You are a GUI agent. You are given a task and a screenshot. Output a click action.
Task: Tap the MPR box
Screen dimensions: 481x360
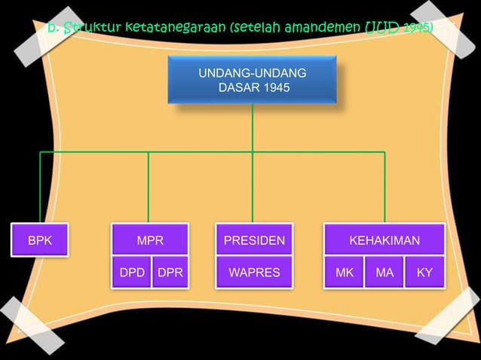pos(150,241)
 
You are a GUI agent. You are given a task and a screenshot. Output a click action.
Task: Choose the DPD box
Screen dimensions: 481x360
pos(131,273)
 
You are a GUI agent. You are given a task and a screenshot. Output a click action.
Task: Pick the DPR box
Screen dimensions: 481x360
pos(170,273)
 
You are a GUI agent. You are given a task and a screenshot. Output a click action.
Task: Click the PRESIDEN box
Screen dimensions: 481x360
pos(254,241)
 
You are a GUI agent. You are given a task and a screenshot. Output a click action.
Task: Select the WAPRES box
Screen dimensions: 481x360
pos(254,273)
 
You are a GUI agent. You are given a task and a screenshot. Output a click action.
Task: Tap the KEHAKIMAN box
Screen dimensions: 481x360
pos(384,241)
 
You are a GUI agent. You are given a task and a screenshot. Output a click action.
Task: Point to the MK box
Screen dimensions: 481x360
pos(344,273)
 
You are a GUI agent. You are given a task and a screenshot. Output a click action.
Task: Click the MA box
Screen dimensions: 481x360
pos(384,273)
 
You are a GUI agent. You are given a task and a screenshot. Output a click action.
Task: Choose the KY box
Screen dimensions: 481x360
pos(424,273)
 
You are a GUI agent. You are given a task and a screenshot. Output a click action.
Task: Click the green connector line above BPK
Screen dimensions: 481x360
pos(40,188)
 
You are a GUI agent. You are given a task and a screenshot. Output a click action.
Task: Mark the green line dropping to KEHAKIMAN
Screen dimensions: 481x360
pos(384,188)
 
